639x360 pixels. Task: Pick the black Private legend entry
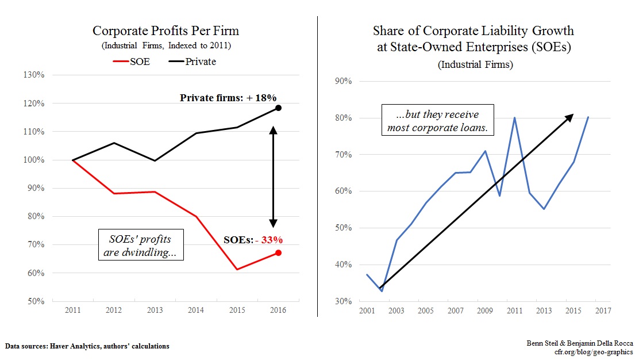pyautogui.click(x=190, y=62)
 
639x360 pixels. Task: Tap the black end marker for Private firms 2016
pyautogui.click(x=278, y=108)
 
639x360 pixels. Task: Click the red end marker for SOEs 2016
pyautogui.click(x=278, y=252)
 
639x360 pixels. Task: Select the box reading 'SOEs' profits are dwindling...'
pyautogui.click(x=140, y=245)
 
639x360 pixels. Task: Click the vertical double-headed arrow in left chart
pyautogui.click(x=274, y=177)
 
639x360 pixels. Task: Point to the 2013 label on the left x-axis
pyautogui.click(x=155, y=311)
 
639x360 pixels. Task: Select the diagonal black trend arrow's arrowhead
pyautogui.click(x=569, y=117)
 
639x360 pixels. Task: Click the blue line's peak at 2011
pyautogui.click(x=514, y=118)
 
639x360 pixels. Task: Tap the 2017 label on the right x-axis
pyautogui.click(x=602, y=311)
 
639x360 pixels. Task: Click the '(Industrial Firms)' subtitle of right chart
pyautogui.click(x=475, y=64)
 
